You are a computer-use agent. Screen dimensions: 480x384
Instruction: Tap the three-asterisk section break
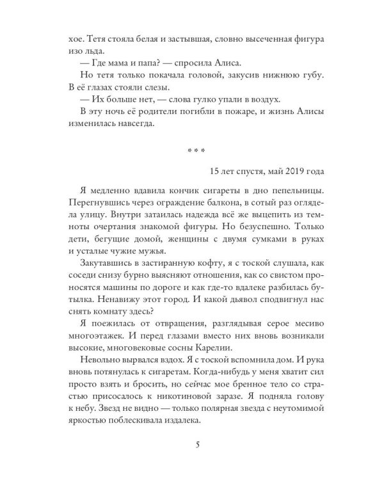[192, 152]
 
